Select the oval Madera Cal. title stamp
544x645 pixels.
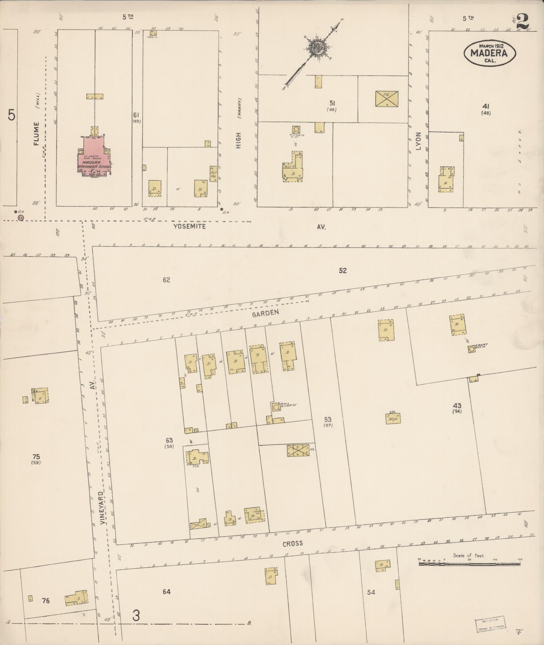[490, 53]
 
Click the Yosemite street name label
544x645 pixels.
[189, 226]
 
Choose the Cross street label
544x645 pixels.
[292, 544]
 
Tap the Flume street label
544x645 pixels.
[36, 134]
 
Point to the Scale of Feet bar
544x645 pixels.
[470, 563]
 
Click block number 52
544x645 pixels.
[343, 270]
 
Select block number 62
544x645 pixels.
[166, 280]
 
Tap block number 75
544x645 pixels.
[36, 457]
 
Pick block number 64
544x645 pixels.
[166, 592]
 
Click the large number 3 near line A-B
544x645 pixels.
[136, 616]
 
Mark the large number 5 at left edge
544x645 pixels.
[11, 116]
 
